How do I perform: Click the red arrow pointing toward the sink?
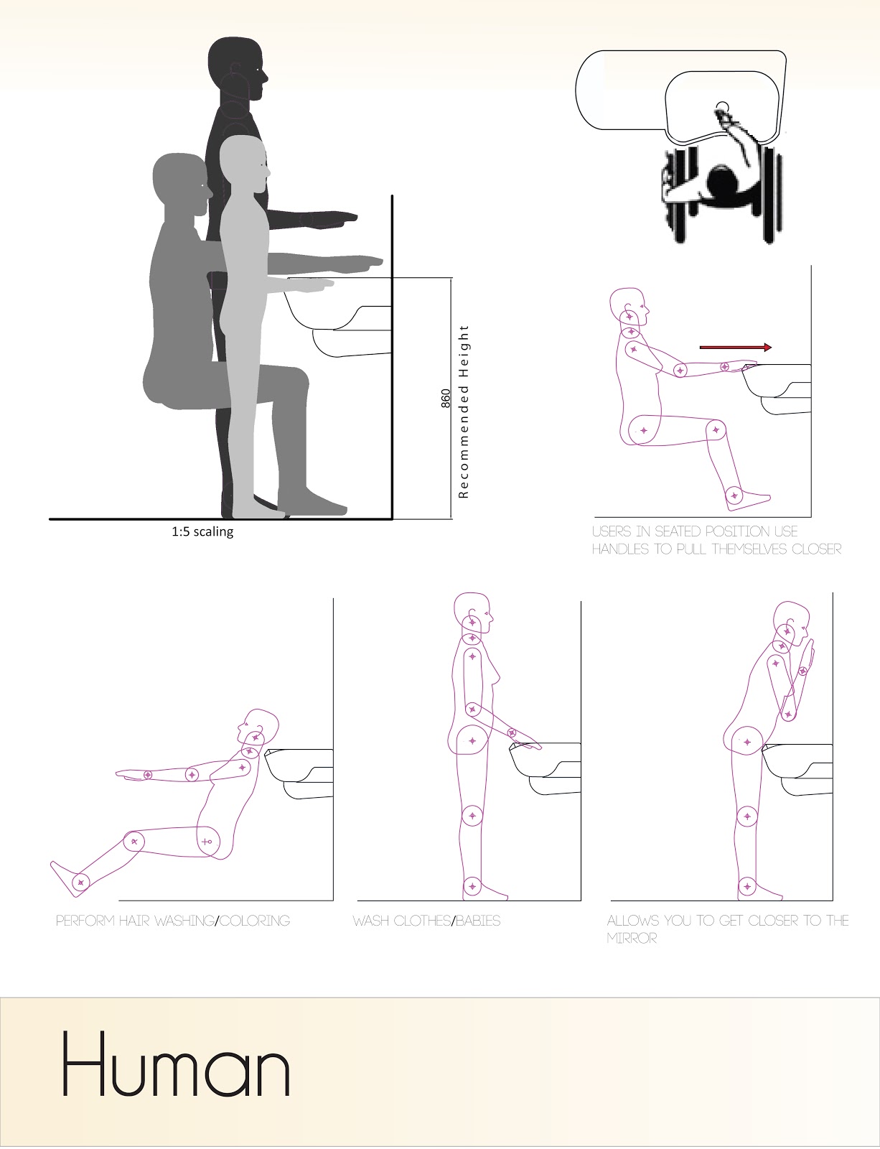(x=735, y=348)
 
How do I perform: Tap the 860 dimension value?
(x=446, y=399)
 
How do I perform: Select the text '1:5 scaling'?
(x=202, y=531)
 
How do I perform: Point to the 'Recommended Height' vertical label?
(x=464, y=411)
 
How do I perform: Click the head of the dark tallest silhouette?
(x=238, y=69)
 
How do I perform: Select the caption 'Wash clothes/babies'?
(x=426, y=921)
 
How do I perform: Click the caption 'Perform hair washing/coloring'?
(x=173, y=921)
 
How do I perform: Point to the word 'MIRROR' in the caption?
(x=632, y=938)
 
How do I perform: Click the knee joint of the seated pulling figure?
(x=716, y=430)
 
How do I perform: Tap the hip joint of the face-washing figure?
(x=746, y=742)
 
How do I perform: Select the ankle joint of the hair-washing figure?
(x=80, y=883)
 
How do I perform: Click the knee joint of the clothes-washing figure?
(x=472, y=816)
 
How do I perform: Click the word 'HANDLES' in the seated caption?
(x=620, y=549)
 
